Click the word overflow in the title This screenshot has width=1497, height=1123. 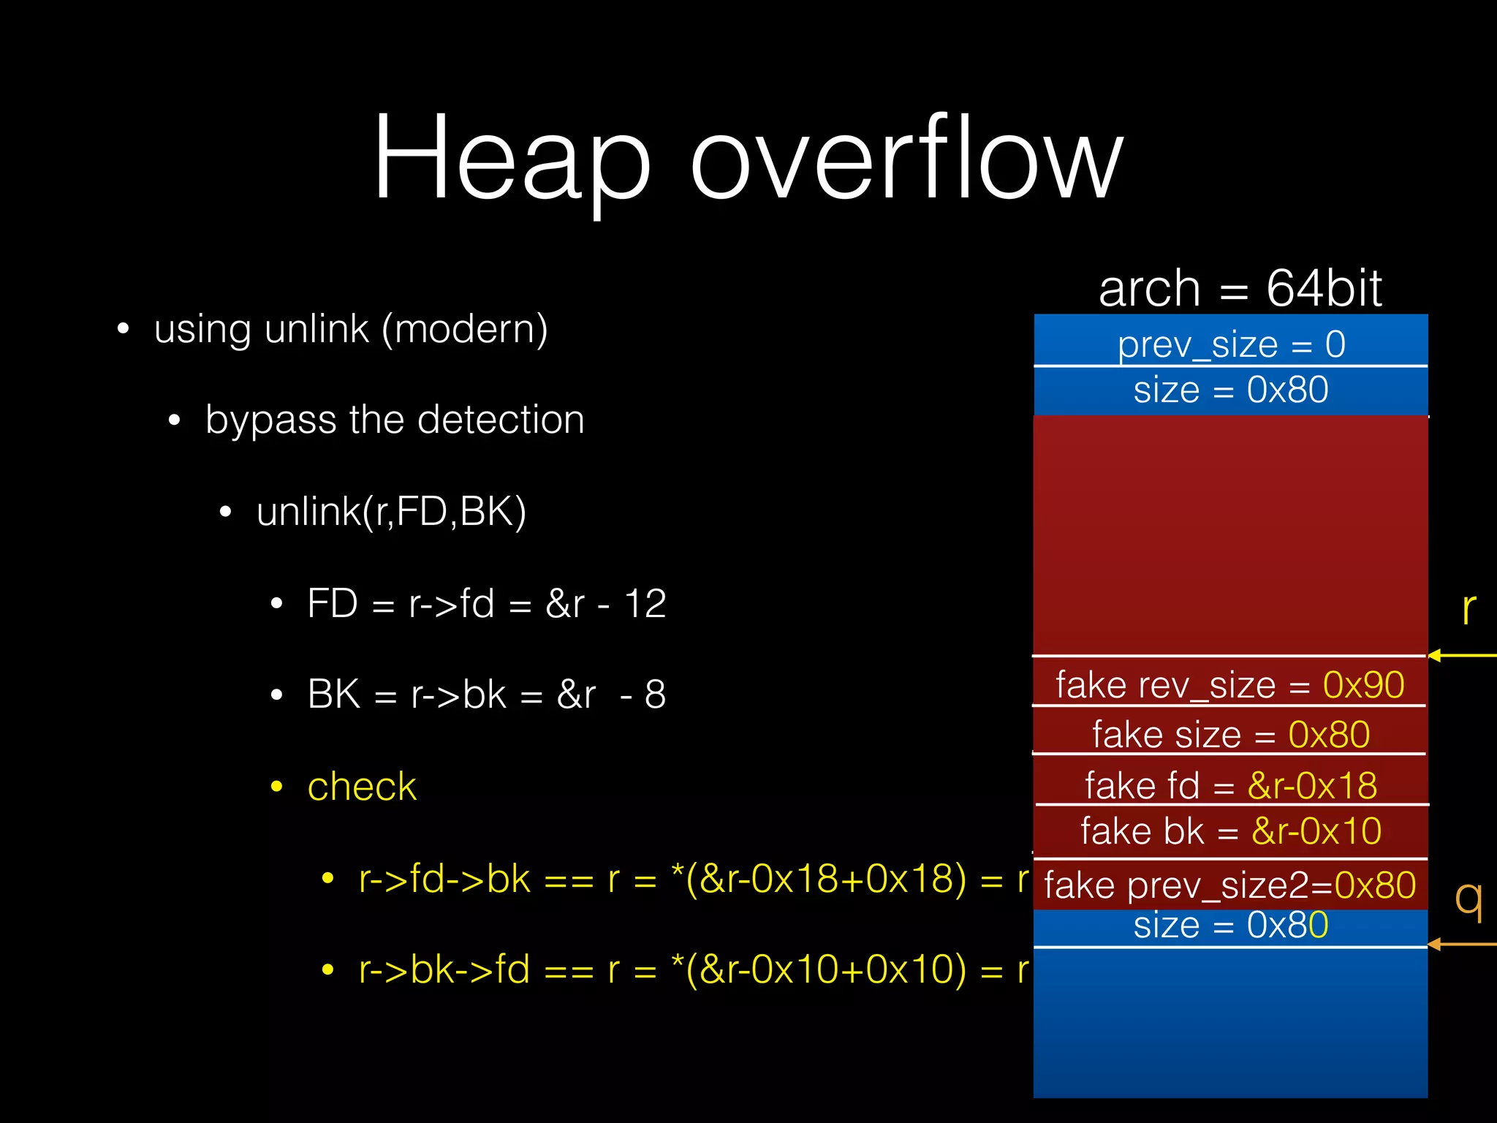point(906,157)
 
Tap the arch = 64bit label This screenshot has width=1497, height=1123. point(1240,288)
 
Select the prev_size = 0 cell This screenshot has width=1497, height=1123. point(1231,342)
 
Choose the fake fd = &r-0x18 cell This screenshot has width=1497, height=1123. point(1231,784)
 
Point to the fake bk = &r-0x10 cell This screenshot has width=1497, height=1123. point(1231,831)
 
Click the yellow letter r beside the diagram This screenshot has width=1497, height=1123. point(1468,608)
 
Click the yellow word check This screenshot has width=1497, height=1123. point(362,787)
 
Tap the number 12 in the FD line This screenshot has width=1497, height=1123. point(645,604)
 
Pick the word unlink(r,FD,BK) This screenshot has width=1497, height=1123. point(391,511)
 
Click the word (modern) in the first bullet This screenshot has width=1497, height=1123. point(464,329)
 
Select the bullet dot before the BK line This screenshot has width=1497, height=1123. point(276,695)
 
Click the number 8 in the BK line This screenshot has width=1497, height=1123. point(655,695)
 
